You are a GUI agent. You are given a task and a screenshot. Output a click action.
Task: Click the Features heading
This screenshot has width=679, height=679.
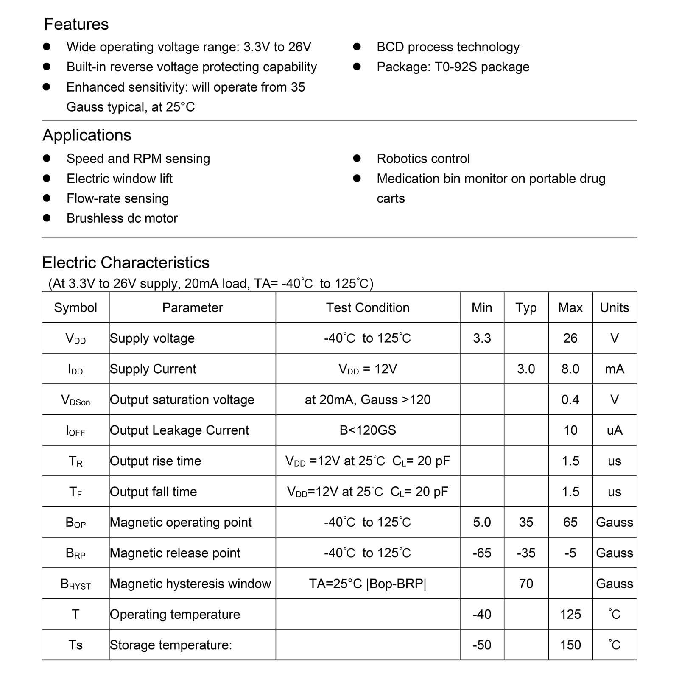coord(76,24)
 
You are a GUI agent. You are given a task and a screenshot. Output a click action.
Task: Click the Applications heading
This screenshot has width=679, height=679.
coord(87,135)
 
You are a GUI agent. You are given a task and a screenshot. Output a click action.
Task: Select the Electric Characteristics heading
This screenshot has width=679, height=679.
coord(126,263)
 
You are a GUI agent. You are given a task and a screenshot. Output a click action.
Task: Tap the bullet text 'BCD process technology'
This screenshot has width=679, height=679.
coord(448,47)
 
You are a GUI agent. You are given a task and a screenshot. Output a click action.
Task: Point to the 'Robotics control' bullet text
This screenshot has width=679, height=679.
coord(423,159)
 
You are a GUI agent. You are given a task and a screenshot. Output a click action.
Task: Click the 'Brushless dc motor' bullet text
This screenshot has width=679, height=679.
coord(122,218)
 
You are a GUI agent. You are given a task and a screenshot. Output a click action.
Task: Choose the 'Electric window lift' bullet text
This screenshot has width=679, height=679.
coord(120,179)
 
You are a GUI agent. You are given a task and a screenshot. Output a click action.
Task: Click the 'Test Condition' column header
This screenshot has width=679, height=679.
coord(368,307)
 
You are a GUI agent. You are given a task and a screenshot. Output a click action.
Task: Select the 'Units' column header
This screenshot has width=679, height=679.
coord(614,307)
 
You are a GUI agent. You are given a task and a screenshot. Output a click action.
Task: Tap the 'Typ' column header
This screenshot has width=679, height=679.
coord(526,307)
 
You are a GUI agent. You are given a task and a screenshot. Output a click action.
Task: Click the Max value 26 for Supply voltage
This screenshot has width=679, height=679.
coord(570,338)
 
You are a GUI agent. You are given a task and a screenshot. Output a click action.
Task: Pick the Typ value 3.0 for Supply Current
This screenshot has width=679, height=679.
coord(526,369)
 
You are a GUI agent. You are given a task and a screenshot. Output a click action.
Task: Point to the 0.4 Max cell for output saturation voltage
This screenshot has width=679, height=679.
coord(570,400)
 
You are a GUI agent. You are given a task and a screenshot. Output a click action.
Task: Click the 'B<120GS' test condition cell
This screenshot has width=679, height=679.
coord(368,430)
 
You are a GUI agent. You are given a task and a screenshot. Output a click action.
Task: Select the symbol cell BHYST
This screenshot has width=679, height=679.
coord(75,584)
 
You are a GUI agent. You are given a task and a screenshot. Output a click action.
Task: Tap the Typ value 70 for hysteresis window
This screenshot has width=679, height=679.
coord(526,584)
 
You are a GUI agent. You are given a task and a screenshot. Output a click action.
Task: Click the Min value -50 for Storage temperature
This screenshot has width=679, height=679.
coord(482,645)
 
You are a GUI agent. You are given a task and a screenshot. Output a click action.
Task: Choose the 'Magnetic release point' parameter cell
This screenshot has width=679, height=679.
coord(175,553)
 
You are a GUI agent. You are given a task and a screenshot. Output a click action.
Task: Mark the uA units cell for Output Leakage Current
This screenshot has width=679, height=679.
coord(614,430)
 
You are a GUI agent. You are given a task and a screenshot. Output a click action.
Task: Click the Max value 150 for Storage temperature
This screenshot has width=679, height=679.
coord(570,645)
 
